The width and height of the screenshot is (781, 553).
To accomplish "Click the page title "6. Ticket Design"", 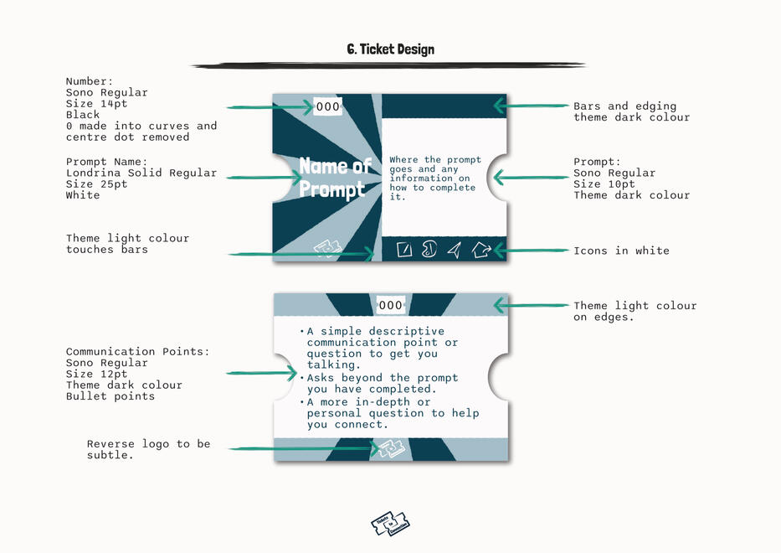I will [390, 49].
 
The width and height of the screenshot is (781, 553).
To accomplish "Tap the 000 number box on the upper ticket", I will [328, 106].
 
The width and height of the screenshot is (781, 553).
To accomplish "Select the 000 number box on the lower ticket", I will [390, 305].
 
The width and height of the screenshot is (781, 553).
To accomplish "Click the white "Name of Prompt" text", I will [334, 178].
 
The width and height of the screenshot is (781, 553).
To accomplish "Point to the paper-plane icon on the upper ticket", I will [454, 250].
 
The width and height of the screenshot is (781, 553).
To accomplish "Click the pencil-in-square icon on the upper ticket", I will [404, 250].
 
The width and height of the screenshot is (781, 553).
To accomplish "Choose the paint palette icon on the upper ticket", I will [429, 250].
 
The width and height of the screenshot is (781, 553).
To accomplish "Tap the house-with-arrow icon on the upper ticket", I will [480, 250].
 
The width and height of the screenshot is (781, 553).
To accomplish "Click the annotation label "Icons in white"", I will [621, 251].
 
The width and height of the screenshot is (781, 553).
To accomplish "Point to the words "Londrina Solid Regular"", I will [141, 173].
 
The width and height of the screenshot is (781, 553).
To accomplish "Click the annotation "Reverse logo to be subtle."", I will [148, 450].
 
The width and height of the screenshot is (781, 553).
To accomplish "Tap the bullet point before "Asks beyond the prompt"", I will [302, 379].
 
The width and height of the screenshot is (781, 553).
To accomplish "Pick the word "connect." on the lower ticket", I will [362, 425].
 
